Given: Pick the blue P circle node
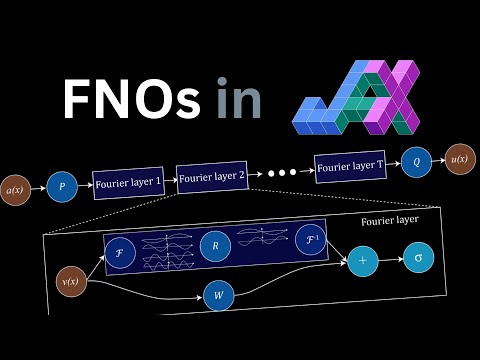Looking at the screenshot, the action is pyautogui.click(x=61, y=187).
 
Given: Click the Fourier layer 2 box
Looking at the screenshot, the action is pyautogui.click(x=211, y=176).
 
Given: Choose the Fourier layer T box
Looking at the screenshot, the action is pyautogui.click(x=350, y=165).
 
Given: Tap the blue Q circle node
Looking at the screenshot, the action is pyautogui.click(x=416, y=161).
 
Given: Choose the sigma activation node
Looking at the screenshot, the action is pyautogui.click(x=418, y=259).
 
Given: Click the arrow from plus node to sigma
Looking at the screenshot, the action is pyautogui.click(x=390, y=260).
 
